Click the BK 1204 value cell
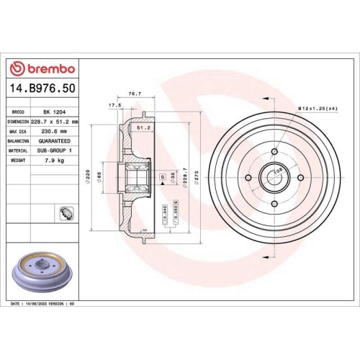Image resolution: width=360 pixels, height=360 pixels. [x=51, y=113]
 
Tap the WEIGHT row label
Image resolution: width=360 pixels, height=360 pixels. [x=19, y=161]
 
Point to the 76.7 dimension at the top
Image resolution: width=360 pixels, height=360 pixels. [x=133, y=94]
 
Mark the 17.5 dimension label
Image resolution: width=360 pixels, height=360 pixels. [x=114, y=105]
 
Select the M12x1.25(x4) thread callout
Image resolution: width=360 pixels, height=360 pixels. [x=318, y=108]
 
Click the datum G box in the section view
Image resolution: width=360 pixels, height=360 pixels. [x=162, y=176]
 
